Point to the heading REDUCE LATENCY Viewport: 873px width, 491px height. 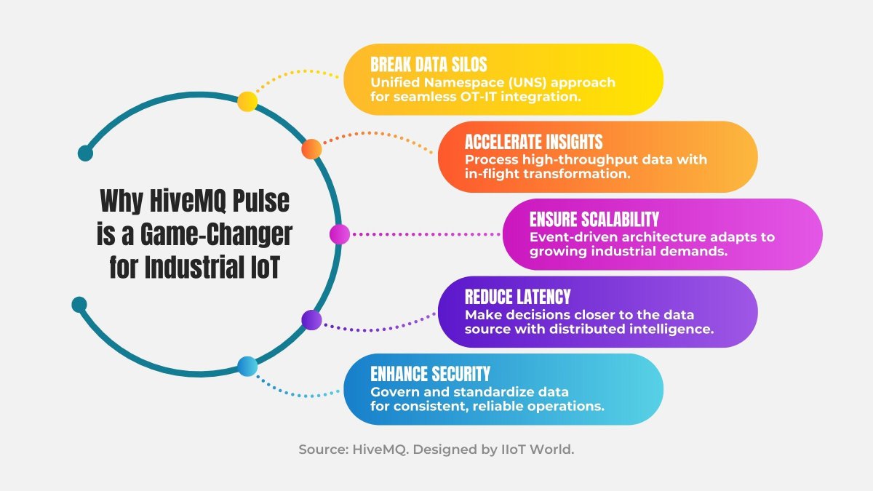(517, 297)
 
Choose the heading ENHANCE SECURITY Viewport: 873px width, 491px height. (430, 375)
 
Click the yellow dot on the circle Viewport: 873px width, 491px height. (247, 102)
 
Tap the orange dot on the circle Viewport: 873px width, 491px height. (311, 148)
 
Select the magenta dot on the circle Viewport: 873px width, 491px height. (339, 234)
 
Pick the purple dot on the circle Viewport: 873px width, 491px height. (311, 319)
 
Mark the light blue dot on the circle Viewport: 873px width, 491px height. (247, 367)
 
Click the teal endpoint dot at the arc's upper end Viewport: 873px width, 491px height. (85, 153)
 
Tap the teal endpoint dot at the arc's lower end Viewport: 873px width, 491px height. (79, 304)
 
